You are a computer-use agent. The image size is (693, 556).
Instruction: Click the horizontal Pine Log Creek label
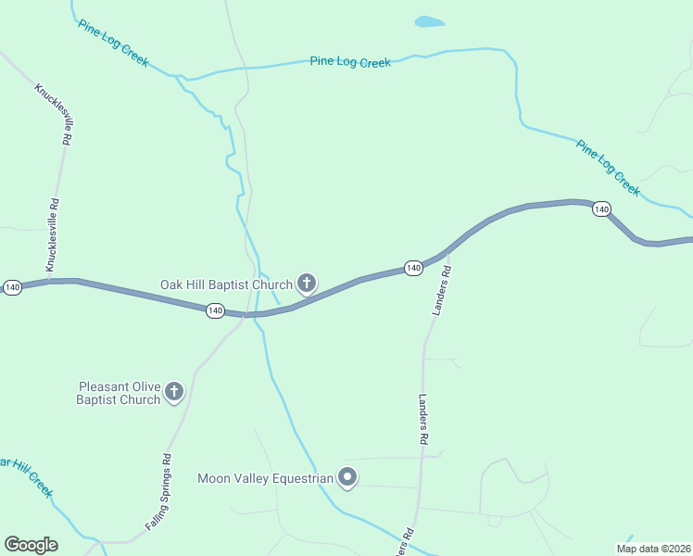[x=350, y=62]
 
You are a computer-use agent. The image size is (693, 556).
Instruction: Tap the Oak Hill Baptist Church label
[x=226, y=284]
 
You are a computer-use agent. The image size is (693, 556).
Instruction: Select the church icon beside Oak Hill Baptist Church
[x=307, y=284]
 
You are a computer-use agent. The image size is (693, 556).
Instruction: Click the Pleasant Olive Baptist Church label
[x=120, y=393]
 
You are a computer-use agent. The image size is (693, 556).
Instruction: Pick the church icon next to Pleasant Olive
[x=173, y=393]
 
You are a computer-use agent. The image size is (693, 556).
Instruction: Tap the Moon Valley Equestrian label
[x=265, y=478]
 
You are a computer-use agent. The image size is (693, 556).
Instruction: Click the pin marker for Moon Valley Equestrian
[x=347, y=478]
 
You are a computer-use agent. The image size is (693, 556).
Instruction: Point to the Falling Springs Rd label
[x=159, y=491]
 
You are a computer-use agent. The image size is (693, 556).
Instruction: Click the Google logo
[x=31, y=545]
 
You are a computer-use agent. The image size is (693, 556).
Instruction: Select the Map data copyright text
[x=652, y=549]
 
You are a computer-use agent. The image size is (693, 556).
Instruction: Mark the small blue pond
[x=429, y=21]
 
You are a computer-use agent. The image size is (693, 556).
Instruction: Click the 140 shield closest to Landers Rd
[x=413, y=268]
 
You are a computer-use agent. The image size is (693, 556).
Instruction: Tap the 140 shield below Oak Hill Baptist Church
[x=215, y=310]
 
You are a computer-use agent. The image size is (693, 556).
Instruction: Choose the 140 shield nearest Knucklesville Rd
[x=12, y=287]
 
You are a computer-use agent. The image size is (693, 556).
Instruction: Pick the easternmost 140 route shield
[x=601, y=209]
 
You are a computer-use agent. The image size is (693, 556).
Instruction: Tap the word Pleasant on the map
[x=107, y=386]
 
